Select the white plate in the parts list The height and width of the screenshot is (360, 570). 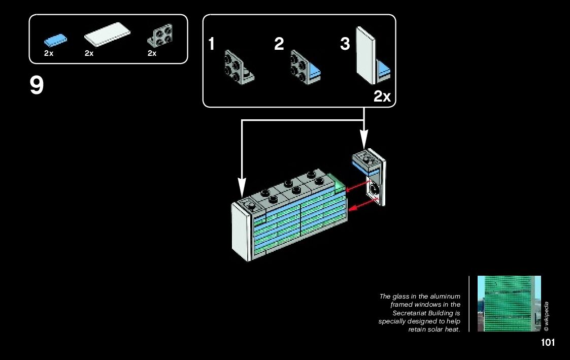coord(107,36)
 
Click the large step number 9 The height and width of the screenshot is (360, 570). coord(37,86)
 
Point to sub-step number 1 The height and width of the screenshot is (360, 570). coord(212,44)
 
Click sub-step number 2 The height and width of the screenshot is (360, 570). coord(279,44)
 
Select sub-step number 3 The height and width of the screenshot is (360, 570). coord(345,44)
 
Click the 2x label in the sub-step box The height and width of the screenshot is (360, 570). coord(382,96)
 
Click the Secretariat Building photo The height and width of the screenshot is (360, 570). coord(509,304)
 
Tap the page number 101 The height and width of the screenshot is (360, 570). coord(548,343)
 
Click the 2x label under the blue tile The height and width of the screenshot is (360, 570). coord(49,53)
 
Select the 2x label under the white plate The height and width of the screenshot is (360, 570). coord(89,53)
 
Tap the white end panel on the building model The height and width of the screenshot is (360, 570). coord(242,234)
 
